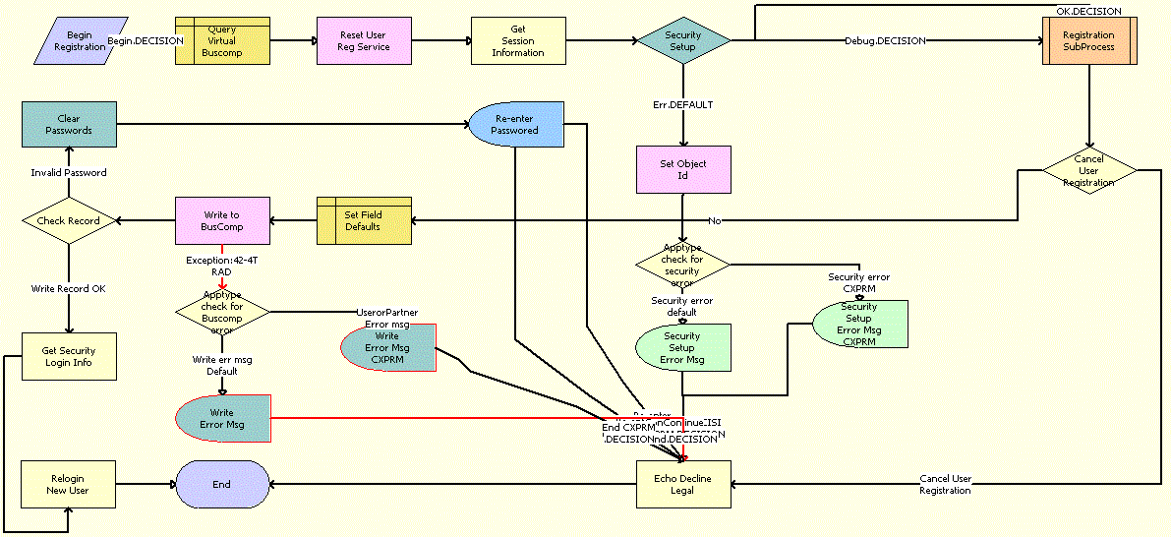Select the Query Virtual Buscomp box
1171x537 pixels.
click(x=222, y=40)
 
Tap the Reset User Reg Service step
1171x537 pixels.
click(x=364, y=40)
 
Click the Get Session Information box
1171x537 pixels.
click(x=518, y=40)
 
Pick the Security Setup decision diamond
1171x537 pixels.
click(x=683, y=40)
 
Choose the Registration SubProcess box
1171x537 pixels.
click(x=1088, y=40)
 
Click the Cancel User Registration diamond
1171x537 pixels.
click(x=1088, y=170)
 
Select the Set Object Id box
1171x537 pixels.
click(x=683, y=169)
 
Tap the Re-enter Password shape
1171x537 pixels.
click(x=516, y=124)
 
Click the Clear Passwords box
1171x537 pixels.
click(x=69, y=124)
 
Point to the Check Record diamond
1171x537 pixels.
click(x=69, y=220)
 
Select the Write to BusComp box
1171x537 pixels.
click(x=221, y=220)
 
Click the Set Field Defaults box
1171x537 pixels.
click(x=363, y=220)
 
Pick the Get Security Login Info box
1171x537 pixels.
click(x=69, y=356)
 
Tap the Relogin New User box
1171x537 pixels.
click(x=69, y=484)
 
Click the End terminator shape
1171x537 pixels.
click(x=222, y=484)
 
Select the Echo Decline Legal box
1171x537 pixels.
click(x=683, y=484)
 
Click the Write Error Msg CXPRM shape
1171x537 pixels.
click(x=387, y=348)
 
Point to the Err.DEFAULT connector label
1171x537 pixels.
click(x=683, y=103)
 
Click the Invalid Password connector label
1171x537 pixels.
click(x=69, y=172)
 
